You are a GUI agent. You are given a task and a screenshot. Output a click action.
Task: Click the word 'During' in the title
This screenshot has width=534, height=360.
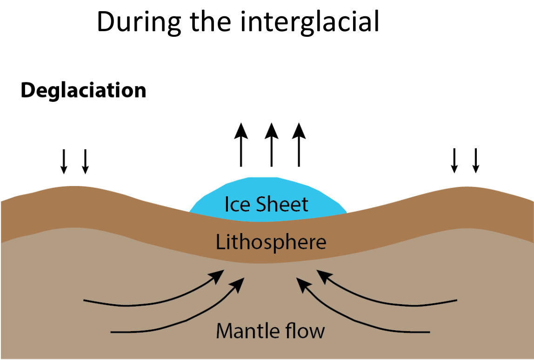tap(139, 22)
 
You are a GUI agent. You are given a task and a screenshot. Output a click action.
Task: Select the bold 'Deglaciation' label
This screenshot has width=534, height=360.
tap(83, 91)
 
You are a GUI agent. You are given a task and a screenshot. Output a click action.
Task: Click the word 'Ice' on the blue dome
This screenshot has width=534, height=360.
tap(237, 204)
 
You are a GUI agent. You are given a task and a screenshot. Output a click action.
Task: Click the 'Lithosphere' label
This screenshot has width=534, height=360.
tap(271, 242)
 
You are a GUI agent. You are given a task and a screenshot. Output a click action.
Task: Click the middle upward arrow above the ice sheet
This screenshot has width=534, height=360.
tap(272, 145)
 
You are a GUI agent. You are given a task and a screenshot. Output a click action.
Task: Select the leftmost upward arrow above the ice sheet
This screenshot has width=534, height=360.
tap(241, 145)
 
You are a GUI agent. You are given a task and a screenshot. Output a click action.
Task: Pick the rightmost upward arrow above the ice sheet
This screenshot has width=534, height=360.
tap(299, 145)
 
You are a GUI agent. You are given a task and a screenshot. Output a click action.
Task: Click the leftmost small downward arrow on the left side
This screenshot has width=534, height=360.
tap(64, 161)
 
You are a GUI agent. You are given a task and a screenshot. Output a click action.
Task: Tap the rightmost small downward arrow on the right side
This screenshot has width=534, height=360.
tap(476, 161)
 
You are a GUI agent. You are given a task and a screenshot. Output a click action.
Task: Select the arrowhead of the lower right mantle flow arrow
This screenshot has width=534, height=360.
tap(303, 284)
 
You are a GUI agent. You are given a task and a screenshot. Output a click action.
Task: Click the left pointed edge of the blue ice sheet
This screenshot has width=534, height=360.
tap(189, 213)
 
